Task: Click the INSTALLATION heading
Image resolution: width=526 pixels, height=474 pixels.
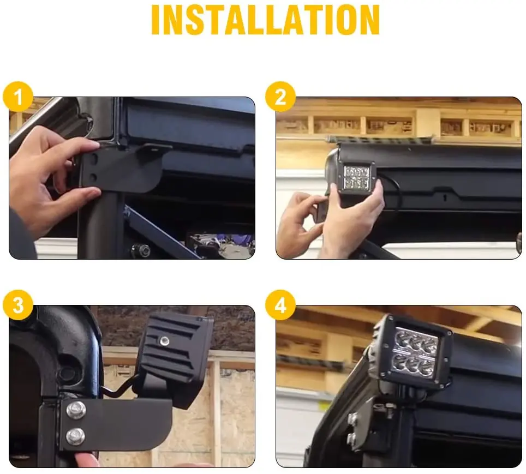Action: [x=265, y=20]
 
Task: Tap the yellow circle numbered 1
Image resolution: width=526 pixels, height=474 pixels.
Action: [x=19, y=98]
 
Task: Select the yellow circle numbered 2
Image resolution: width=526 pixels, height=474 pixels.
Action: [x=280, y=98]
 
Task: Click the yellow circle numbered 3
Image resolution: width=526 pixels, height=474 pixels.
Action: [x=19, y=306]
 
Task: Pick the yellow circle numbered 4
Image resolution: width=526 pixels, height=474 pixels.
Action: [x=280, y=306]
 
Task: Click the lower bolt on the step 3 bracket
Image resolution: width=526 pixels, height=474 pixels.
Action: [x=75, y=436]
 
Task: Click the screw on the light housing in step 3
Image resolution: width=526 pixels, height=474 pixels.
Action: [x=163, y=341]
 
